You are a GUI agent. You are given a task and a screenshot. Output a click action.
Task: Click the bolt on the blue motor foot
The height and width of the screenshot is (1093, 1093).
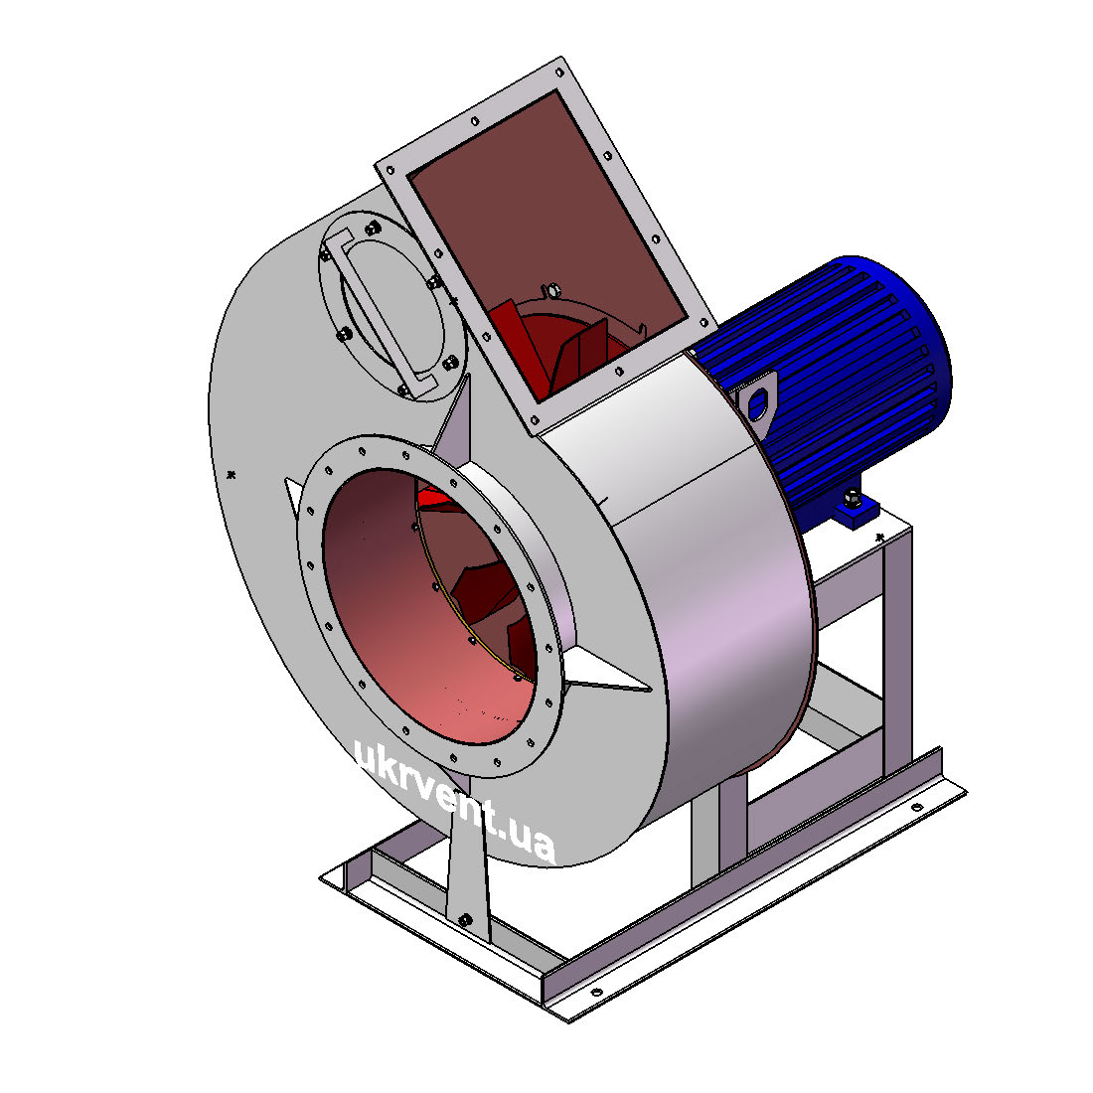[852, 498]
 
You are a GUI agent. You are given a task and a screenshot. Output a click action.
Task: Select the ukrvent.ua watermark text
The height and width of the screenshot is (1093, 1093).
[454, 803]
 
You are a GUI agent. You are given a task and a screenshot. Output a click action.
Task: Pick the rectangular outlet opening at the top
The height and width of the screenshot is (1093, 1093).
[547, 244]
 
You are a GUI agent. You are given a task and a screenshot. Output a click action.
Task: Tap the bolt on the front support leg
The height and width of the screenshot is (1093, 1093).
[465, 921]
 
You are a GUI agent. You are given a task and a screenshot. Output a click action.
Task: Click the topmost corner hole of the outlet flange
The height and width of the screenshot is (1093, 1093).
[559, 72]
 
